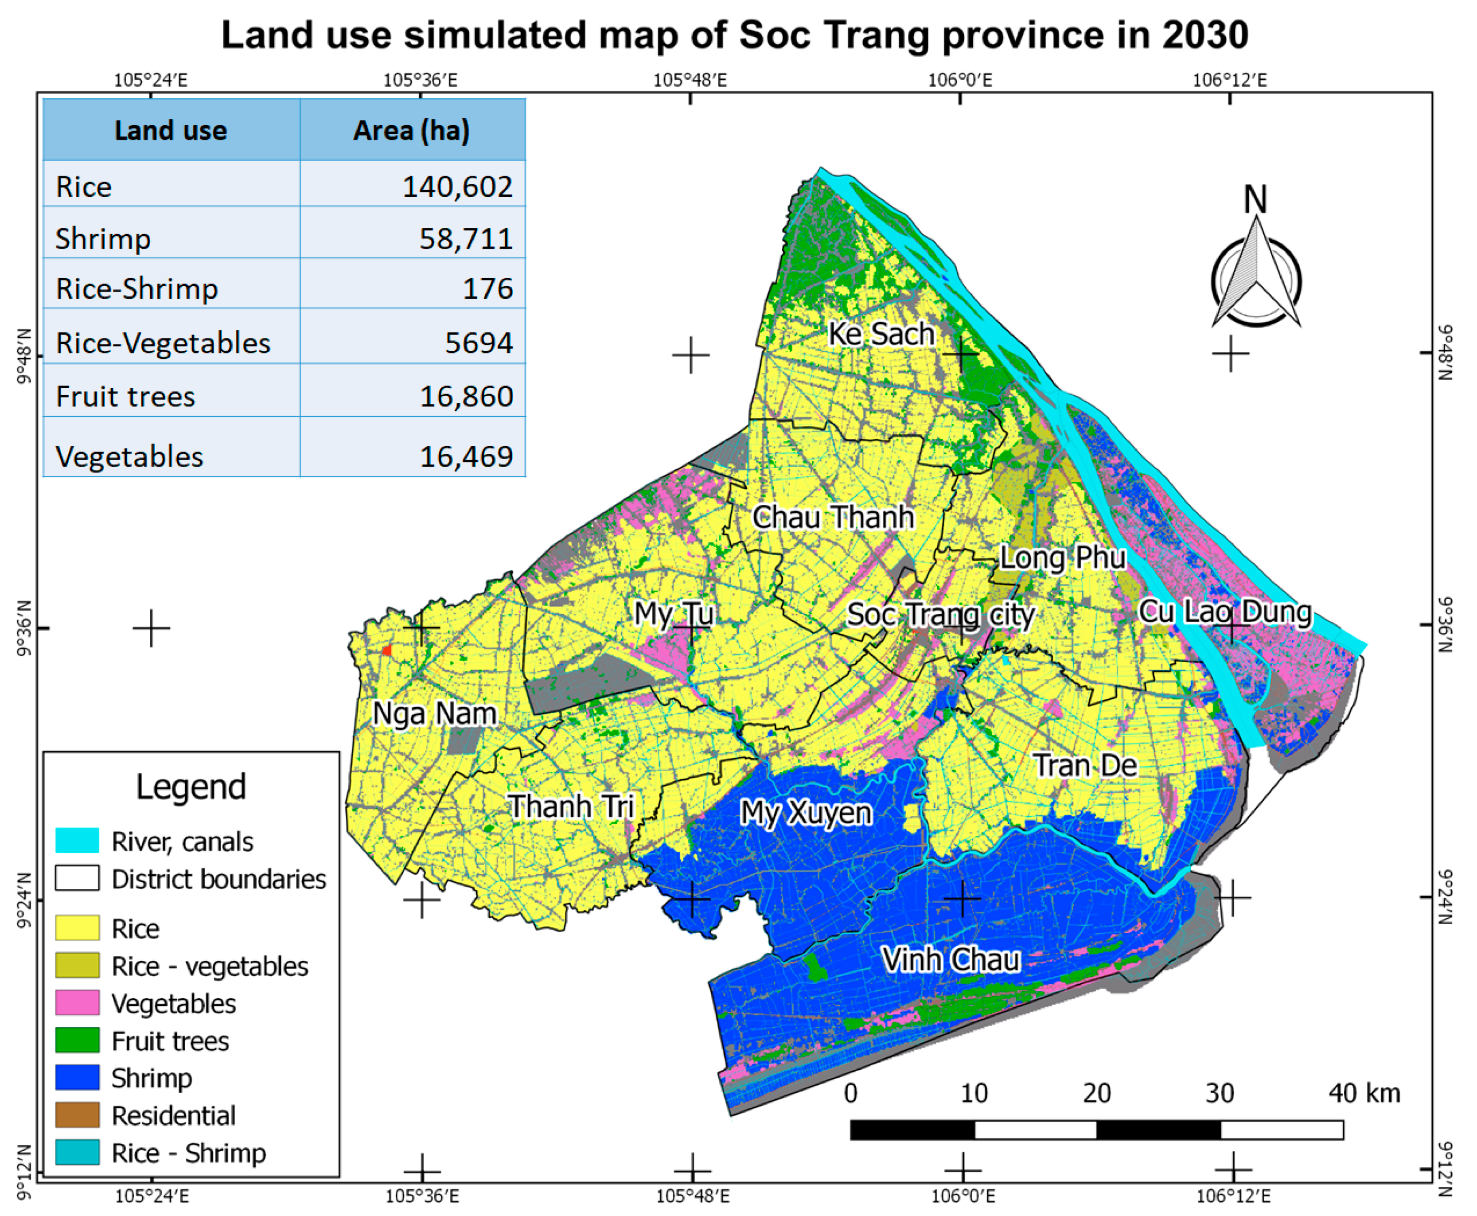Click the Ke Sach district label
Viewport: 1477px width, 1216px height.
(881, 334)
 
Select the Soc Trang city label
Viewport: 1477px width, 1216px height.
(940, 615)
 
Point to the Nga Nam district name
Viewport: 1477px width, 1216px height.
(434, 714)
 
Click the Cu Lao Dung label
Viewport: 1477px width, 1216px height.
(1224, 612)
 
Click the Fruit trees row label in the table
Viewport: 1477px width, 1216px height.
(125, 397)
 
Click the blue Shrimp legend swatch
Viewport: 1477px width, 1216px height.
(77, 1078)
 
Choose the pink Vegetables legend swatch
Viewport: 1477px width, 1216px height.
(77, 1003)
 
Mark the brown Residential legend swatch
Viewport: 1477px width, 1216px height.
(77, 1115)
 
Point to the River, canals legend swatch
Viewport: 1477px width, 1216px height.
(77, 841)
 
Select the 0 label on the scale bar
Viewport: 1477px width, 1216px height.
(850, 1093)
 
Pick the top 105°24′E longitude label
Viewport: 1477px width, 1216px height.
(151, 80)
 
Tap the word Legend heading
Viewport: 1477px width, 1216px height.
(191, 787)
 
